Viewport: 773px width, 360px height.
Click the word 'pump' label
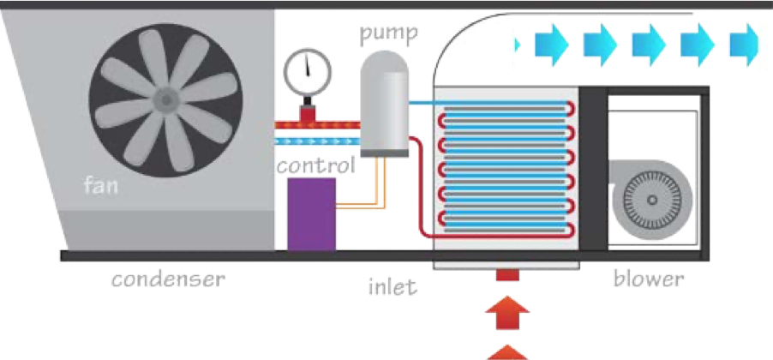tap(387, 35)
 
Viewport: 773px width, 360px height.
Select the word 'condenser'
tap(169, 279)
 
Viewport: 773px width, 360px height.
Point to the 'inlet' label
tap(388, 285)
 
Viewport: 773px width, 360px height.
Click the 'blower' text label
tap(649, 279)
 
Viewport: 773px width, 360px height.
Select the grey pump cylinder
tap(383, 101)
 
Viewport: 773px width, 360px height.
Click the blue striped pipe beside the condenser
tap(317, 139)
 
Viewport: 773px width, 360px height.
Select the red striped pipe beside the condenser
tap(317, 125)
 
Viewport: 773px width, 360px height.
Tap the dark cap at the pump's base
tap(383, 152)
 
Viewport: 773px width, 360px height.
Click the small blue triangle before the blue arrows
tap(517, 42)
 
